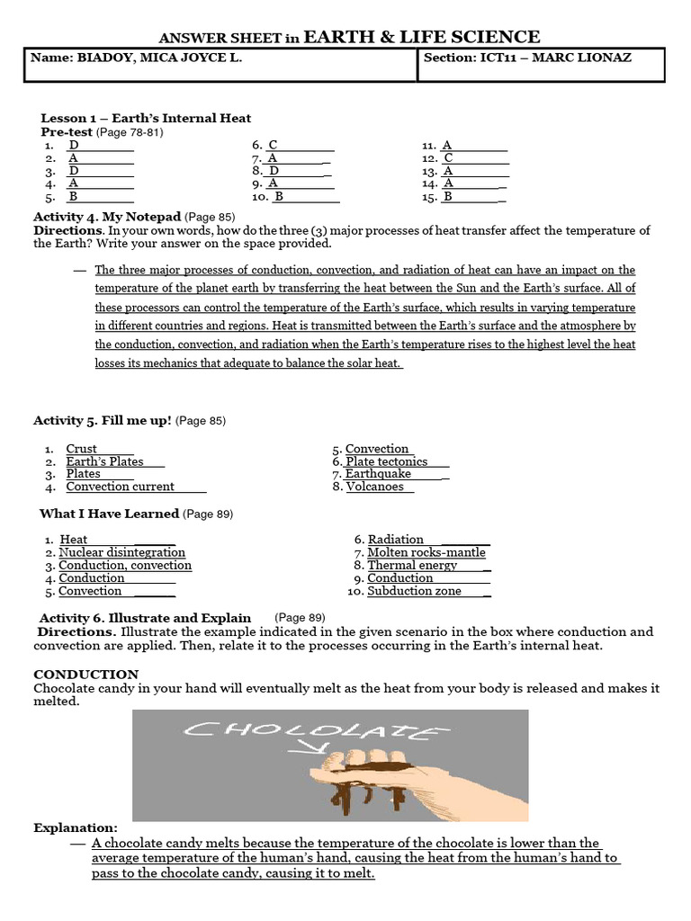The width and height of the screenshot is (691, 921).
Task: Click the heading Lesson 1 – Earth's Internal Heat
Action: coord(146,118)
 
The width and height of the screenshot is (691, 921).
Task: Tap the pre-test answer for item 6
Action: coord(273,145)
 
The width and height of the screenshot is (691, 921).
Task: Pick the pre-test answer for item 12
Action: coord(448,157)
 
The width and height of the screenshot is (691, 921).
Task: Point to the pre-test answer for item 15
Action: coord(448,196)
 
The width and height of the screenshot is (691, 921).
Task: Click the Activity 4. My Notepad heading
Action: coord(107,217)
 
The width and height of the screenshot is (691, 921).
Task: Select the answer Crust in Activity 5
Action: coord(82,449)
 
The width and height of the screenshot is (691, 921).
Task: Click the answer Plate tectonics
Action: coord(387,461)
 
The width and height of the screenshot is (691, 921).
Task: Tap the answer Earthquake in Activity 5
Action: coord(378,474)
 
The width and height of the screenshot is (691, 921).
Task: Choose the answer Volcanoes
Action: coord(375,487)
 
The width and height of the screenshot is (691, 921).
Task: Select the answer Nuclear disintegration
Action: coord(121,552)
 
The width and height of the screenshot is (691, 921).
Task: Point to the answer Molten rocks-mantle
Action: coord(426,552)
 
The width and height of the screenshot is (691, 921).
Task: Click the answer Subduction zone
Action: coord(414,591)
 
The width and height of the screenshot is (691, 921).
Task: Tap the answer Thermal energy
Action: coord(412,566)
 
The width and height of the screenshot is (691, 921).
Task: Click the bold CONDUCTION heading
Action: coord(86,674)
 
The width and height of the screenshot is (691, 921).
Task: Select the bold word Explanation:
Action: coord(76,827)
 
